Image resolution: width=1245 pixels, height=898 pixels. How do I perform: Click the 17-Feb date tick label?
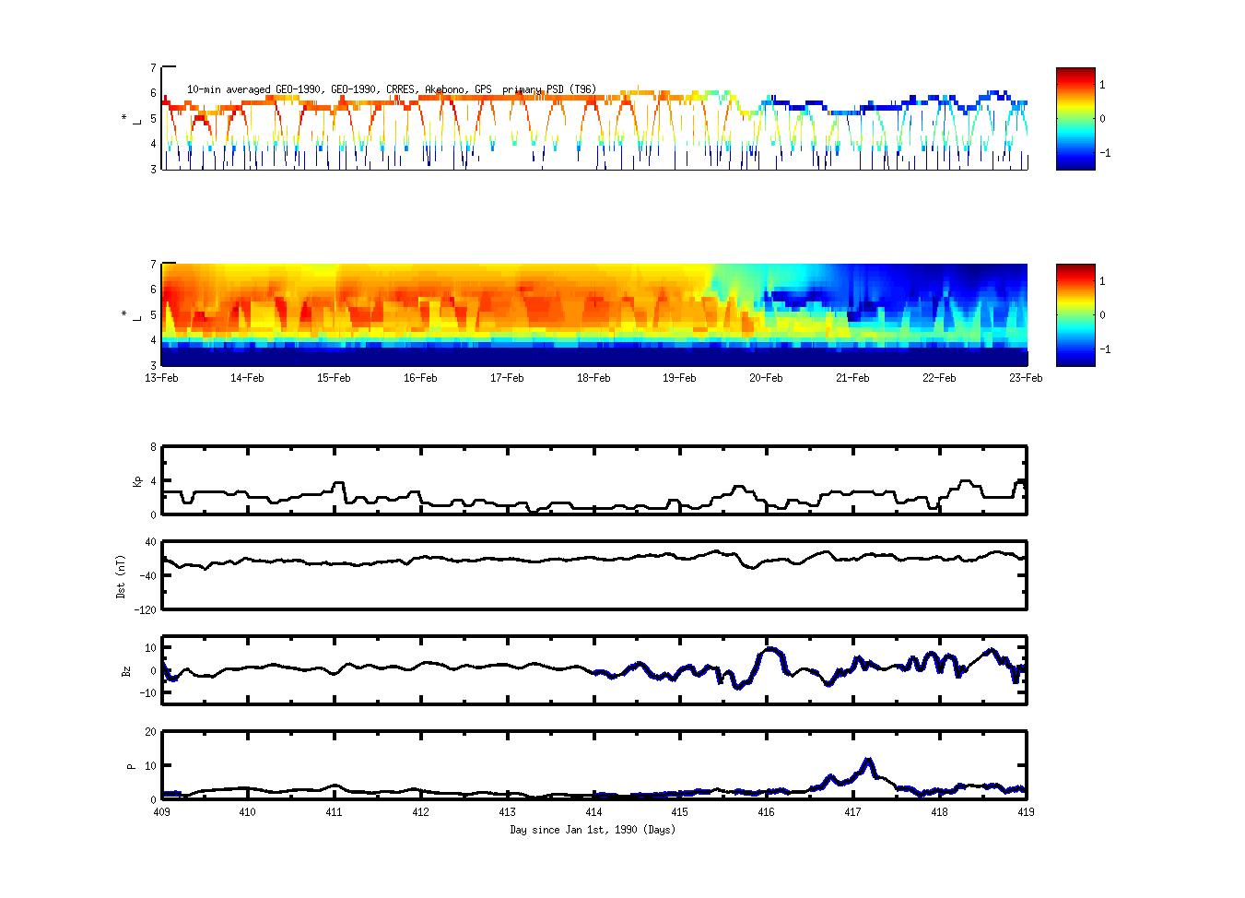click(507, 378)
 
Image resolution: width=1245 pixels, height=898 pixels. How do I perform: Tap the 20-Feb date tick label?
click(766, 378)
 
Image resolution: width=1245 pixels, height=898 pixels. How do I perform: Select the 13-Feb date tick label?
click(161, 378)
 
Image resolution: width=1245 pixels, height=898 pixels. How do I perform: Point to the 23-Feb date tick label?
click(1026, 378)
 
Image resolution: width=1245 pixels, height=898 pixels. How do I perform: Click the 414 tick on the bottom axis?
click(593, 812)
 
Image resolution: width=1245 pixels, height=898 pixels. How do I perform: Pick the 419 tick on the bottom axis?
click(1026, 812)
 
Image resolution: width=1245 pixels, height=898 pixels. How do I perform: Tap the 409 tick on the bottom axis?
click(161, 812)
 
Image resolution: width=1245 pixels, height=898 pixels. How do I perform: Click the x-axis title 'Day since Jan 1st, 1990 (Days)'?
click(593, 830)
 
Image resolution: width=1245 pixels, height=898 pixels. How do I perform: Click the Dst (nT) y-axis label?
click(122, 576)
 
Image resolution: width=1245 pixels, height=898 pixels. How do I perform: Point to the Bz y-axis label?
click(126, 671)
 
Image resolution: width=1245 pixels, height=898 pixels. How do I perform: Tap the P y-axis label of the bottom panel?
click(131, 766)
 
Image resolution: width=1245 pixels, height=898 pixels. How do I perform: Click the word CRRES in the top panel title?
click(402, 89)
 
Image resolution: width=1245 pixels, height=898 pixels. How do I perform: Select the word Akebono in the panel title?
click(446, 89)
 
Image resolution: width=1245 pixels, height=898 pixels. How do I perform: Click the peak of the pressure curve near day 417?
click(867, 761)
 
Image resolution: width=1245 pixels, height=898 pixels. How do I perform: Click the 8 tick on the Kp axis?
click(153, 447)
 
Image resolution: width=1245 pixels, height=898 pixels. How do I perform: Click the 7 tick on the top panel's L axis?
click(153, 67)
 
